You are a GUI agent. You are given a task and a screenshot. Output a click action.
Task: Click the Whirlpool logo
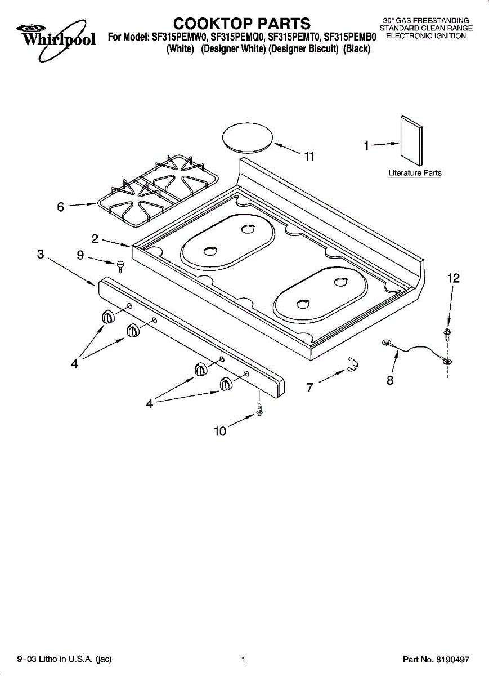[x=56, y=39]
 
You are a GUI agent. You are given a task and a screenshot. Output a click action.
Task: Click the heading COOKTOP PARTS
[x=242, y=24]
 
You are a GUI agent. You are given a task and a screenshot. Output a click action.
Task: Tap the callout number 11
[x=309, y=157]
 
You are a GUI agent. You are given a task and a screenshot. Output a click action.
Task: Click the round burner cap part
[x=247, y=137]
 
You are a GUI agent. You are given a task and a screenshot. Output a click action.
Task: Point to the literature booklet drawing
[x=411, y=141]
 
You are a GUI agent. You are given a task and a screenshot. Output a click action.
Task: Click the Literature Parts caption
[x=415, y=173]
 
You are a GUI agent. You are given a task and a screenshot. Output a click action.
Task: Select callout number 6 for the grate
[x=61, y=207]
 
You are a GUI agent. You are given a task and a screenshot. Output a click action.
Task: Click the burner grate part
[x=158, y=190]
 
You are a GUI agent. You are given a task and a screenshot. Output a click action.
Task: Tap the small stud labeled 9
[x=120, y=266]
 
